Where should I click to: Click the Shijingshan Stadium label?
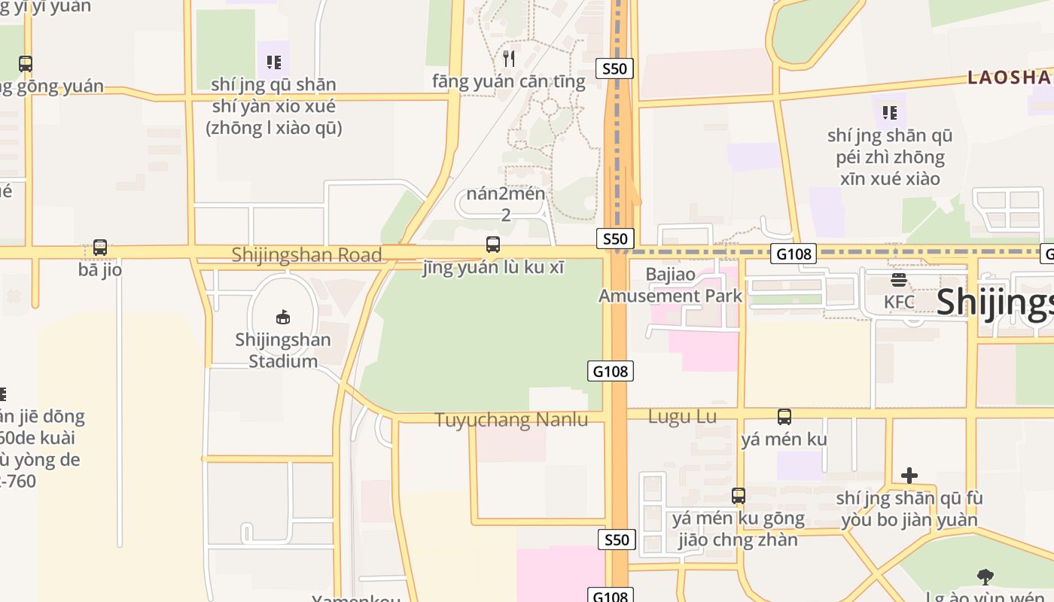(282, 351)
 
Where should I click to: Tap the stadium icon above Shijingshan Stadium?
(283, 317)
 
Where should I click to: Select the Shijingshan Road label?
(306, 254)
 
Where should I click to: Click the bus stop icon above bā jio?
(99, 247)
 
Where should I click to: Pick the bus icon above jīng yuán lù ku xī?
(493, 245)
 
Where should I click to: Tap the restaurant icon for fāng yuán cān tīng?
(509, 58)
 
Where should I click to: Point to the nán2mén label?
(505, 193)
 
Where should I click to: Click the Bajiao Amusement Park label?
(670, 285)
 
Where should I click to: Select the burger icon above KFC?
(898, 280)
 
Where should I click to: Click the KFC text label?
(899, 303)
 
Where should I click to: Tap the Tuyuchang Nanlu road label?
(511, 420)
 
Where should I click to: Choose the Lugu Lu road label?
(682, 416)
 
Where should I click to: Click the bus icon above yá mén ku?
(784, 416)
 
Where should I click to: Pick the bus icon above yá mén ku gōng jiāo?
(739, 496)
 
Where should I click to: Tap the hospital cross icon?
(909, 476)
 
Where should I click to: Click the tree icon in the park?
(985, 577)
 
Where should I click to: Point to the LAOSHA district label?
(1009, 77)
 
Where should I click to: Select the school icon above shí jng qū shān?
(273, 62)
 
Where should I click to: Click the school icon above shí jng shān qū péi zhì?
(889, 113)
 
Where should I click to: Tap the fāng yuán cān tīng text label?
(509, 81)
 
